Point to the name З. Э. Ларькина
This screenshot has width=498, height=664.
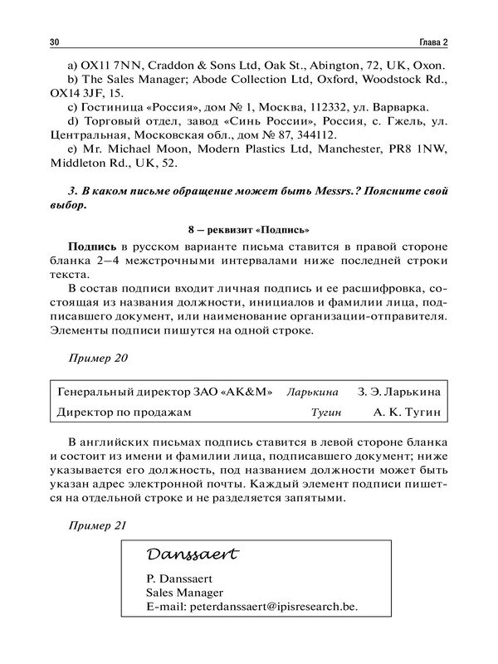[x=398, y=391]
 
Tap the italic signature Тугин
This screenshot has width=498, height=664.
[x=327, y=412]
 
